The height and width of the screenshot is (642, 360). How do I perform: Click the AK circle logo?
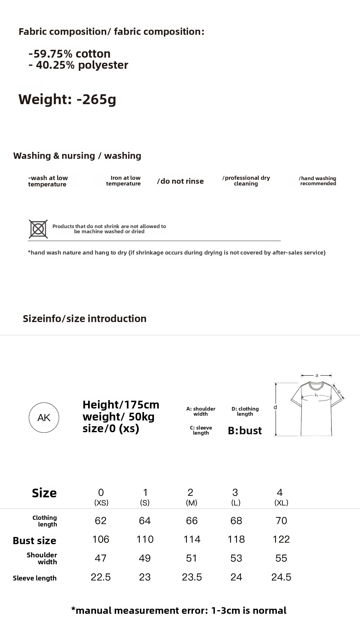click(44, 417)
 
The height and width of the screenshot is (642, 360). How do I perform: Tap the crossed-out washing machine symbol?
click(38, 229)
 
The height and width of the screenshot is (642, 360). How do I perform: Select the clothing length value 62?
click(100, 521)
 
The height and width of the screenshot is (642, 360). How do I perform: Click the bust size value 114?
click(192, 539)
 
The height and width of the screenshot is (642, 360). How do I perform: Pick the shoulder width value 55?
click(281, 558)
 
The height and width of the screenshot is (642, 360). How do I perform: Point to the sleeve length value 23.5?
click(192, 577)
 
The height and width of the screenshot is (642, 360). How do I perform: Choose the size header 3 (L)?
click(235, 497)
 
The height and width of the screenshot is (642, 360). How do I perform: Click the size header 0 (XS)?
click(101, 497)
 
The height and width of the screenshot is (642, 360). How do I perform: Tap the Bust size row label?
click(34, 541)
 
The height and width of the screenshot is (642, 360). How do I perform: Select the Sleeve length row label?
click(34, 578)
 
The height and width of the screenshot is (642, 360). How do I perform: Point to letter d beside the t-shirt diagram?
click(275, 407)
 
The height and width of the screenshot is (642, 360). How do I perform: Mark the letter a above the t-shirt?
click(316, 375)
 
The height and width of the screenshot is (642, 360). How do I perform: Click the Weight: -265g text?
click(67, 99)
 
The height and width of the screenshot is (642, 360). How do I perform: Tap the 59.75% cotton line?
click(70, 54)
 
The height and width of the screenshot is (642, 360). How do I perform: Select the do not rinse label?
click(180, 181)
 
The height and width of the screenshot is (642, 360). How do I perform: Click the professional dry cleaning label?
click(246, 181)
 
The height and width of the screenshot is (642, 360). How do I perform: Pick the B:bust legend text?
click(245, 431)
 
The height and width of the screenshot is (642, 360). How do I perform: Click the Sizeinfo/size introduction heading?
click(85, 319)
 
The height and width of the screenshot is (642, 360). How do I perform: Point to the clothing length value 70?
click(281, 521)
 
